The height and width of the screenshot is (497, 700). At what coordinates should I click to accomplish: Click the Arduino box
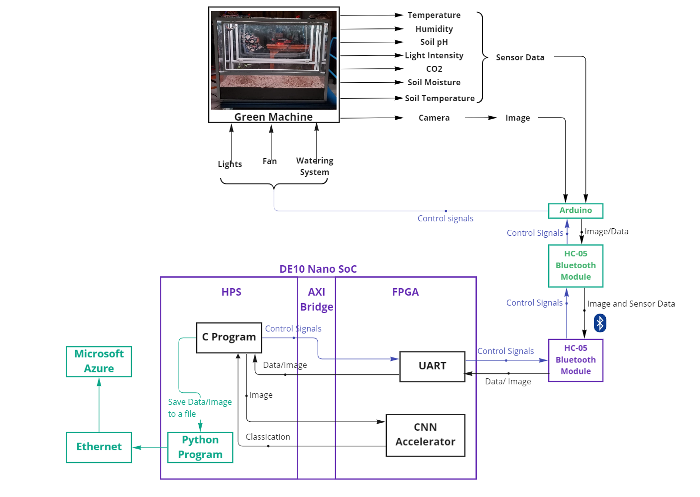[x=576, y=210]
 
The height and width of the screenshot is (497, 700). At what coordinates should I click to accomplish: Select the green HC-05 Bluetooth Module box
[x=576, y=266]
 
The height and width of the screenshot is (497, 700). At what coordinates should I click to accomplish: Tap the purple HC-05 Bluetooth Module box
[x=576, y=360]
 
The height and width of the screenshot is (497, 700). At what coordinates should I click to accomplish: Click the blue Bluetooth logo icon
[x=600, y=323]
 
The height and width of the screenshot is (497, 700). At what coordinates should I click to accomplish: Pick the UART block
[x=432, y=366]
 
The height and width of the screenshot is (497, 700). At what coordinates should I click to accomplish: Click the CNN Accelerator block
[x=425, y=435]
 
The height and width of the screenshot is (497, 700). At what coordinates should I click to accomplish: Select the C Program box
[x=229, y=337]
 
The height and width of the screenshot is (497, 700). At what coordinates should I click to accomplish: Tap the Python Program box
[x=200, y=447]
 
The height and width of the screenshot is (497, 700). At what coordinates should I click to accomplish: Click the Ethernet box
[x=99, y=447]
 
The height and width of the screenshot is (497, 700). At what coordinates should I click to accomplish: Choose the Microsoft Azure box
[x=99, y=361]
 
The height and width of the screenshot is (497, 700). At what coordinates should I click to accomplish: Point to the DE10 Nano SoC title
[x=318, y=269]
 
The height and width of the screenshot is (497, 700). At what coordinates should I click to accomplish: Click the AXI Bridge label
[x=317, y=300]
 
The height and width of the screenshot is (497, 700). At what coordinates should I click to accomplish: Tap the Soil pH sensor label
[x=434, y=42]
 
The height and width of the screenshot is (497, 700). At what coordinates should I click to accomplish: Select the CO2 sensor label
[x=434, y=69]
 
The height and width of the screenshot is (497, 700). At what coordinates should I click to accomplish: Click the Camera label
[x=434, y=118]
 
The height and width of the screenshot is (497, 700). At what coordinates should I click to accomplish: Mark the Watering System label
[x=315, y=166]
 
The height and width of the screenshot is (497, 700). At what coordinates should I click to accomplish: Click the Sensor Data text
[x=520, y=58]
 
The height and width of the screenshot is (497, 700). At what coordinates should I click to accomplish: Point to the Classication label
[x=268, y=437]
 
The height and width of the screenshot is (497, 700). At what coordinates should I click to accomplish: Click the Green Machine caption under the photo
[x=273, y=117]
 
